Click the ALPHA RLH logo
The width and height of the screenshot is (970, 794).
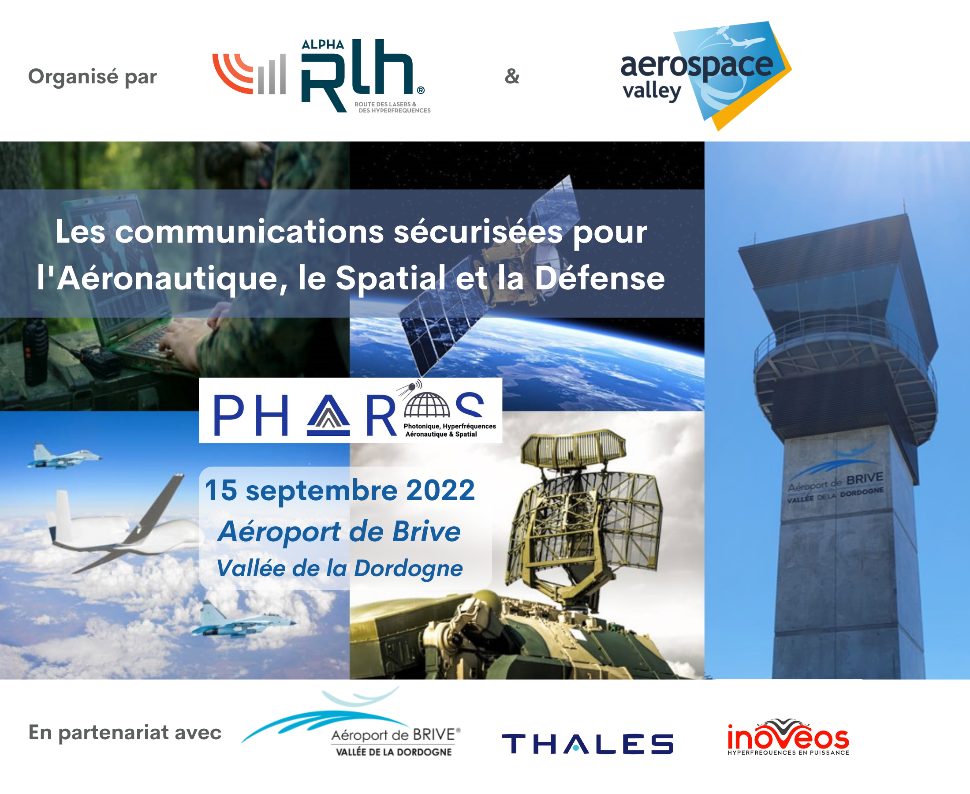[x=322, y=75]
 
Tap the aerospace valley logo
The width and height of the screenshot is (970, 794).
[x=706, y=75]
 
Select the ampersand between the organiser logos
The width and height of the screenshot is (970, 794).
[x=512, y=76]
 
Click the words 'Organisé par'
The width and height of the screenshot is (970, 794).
[x=92, y=77]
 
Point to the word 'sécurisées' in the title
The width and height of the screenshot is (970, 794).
[x=478, y=232]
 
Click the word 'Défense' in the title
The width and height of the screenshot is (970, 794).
[x=599, y=278]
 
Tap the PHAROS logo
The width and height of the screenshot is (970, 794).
[x=351, y=410]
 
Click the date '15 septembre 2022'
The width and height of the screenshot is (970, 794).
[x=339, y=491]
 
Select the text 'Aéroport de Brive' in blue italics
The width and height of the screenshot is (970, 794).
[x=339, y=532]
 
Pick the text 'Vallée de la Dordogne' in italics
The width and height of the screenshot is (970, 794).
[x=339, y=568]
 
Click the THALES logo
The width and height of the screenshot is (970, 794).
[x=587, y=744]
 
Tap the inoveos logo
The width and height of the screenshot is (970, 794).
[x=788, y=737]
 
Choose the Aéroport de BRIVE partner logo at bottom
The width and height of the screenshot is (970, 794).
[x=351, y=723]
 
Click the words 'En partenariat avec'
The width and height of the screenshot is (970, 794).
[x=125, y=732]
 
